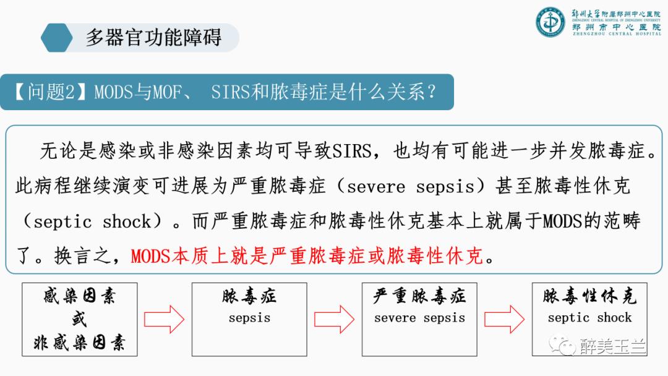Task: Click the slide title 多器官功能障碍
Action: [153, 37]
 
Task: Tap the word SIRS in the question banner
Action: [229, 92]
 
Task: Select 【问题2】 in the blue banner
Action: [52, 92]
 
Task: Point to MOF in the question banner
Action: [168, 92]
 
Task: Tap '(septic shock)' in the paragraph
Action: [87, 221]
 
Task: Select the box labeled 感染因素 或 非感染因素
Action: [80, 319]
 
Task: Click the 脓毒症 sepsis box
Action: [249, 319]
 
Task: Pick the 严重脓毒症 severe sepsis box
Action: [419, 319]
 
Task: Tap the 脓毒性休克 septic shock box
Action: [589, 319]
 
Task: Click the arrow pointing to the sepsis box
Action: [165, 319]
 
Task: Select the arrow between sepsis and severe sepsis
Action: [334, 319]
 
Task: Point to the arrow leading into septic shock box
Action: [504, 319]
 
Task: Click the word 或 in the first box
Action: [80, 319]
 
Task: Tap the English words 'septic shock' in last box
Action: [589, 318]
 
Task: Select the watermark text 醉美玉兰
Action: [614, 346]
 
